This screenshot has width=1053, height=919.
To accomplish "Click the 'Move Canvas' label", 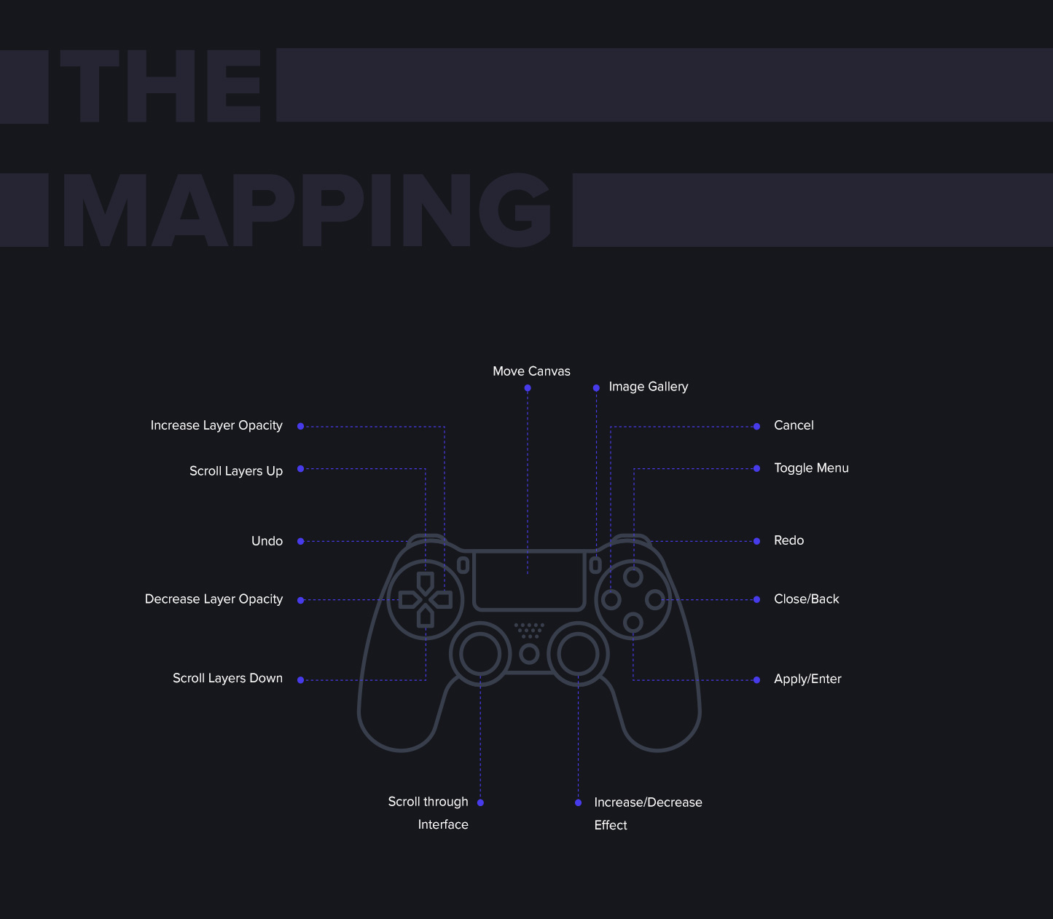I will point(531,371).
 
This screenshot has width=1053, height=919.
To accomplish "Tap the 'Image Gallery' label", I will point(648,387).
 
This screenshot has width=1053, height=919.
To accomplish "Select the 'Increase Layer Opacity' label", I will point(216,425).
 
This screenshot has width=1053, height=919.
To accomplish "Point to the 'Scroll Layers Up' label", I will point(235,471).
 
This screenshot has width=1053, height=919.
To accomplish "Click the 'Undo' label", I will point(267,541).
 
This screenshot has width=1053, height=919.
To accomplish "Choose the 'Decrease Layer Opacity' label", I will point(214,599).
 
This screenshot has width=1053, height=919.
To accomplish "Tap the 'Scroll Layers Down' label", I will point(227,679).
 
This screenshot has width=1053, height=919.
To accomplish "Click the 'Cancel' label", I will point(794,425).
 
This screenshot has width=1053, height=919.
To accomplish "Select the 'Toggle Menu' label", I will point(811,468).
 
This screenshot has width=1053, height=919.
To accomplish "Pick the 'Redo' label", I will point(788,540).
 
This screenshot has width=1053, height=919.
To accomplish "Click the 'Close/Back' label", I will point(806,599).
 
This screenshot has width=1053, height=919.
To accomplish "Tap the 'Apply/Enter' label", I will point(807,679).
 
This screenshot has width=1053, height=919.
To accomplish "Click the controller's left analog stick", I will point(480,654).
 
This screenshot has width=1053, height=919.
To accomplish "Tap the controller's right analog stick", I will point(578,654).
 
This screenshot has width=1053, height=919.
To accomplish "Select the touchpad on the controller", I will point(529,580).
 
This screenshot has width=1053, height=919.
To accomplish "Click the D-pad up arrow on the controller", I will point(426,582).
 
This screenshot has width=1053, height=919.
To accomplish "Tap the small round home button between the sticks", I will point(529,654).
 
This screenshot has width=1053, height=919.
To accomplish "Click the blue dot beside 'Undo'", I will point(300,541).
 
